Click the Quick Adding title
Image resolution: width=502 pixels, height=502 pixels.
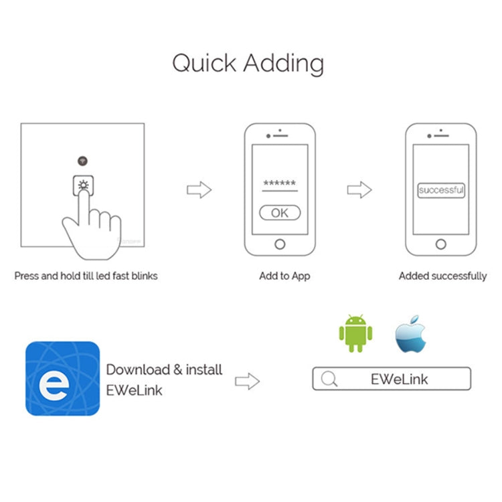pos(248,63)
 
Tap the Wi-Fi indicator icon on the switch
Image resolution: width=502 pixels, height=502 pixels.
pos(82,161)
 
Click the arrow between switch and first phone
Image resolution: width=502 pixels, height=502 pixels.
pos(199,189)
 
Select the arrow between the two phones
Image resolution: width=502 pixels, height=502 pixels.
pos(359,189)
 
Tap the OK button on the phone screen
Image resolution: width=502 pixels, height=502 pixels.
pos(280,213)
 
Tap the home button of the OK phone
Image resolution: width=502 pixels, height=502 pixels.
pos(280,244)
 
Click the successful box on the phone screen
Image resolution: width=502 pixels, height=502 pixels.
pos(441,190)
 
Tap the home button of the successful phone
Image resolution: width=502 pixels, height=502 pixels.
pos(441,244)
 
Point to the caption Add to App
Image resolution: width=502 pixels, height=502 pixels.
pos(284,276)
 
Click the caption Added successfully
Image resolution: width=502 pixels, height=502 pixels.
pos(442,276)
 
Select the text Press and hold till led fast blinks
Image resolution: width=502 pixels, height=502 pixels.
pos(86,276)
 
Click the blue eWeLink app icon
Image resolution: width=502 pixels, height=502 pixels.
pos(62,378)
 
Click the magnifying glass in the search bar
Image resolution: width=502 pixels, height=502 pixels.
pos(329,380)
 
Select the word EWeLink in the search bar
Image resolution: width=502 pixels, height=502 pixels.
pos(399,380)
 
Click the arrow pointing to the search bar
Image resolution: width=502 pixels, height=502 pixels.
pos(247,382)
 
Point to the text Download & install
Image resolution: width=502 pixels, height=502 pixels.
pos(164,369)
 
